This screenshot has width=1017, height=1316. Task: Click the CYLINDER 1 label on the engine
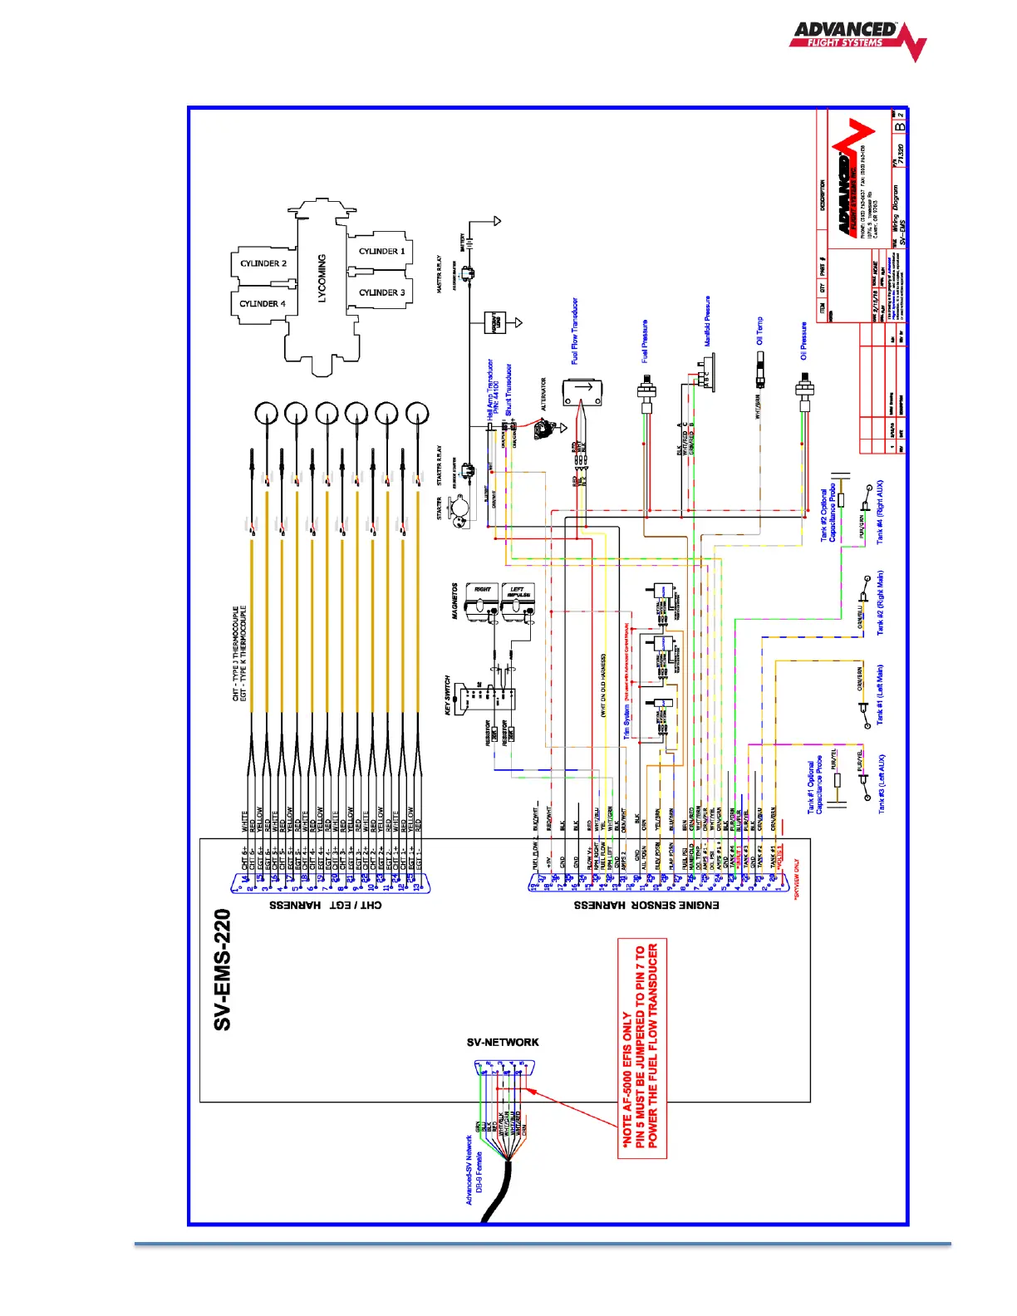click(381, 251)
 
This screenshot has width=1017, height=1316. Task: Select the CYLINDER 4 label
click(263, 304)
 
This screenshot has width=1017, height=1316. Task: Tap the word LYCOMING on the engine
click(322, 278)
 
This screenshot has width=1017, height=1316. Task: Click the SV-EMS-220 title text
click(222, 970)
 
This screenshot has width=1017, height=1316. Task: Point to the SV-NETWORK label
click(503, 1042)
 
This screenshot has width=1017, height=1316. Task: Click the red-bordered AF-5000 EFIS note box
click(641, 1048)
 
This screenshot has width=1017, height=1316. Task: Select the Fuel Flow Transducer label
click(574, 331)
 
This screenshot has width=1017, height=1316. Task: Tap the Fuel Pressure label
click(645, 341)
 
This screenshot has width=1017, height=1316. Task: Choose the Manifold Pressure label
click(707, 321)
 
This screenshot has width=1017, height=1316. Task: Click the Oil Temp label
click(759, 331)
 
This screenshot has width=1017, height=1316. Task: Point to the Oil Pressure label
click(803, 341)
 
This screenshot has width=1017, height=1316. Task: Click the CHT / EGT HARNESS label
click(326, 905)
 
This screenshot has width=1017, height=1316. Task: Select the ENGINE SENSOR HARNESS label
click(646, 905)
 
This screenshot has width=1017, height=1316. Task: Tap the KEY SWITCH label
click(448, 695)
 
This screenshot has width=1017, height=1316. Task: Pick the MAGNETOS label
click(454, 601)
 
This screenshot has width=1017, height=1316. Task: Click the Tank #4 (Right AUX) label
click(881, 511)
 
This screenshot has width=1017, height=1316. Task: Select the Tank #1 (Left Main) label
click(881, 695)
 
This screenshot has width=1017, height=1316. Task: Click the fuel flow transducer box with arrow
click(582, 391)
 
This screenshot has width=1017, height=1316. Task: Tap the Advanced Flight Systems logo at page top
click(857, 38)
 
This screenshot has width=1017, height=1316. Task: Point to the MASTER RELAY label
click(440, 274)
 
